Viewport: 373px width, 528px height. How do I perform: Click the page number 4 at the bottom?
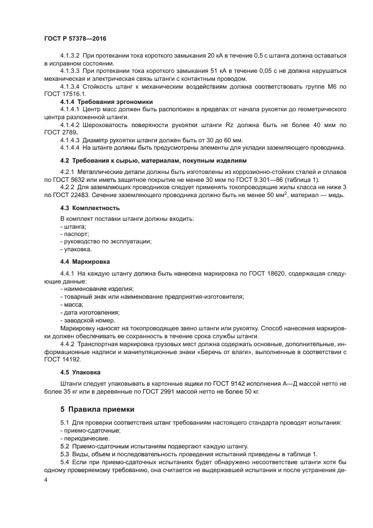coord(46,479)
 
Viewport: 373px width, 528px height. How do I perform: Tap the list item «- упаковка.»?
coord(76,248)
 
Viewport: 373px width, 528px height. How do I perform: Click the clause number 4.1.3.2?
coord(70,56)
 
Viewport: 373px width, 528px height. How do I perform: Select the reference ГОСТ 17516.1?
coord(64,93)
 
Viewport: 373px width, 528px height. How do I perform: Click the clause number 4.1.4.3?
coord(70,139)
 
